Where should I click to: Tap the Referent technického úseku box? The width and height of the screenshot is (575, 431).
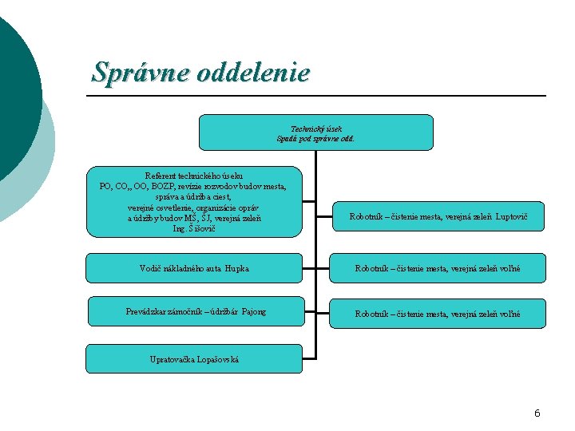(x=194, y=202)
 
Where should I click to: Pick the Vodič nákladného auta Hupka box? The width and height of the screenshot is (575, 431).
(x=194, y=268)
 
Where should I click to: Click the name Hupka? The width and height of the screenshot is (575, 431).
(x=236, y=269)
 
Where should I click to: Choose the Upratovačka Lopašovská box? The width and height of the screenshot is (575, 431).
(x=194, y=359)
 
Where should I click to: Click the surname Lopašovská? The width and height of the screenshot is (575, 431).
(x=216, y=360)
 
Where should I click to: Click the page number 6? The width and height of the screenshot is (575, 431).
(x=537, y=413)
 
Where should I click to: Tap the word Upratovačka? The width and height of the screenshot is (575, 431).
(x=171, y=360)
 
